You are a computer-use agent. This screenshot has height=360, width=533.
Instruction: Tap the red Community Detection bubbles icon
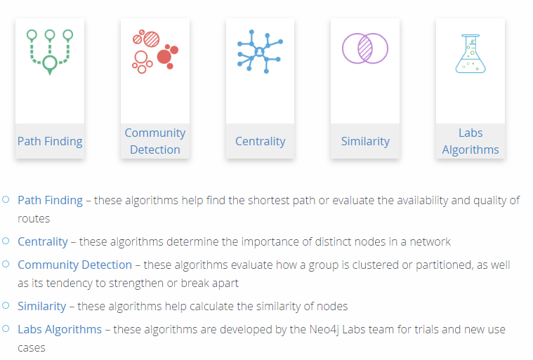pos(155,51)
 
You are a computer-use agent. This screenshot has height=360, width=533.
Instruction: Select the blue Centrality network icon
pos(260,52)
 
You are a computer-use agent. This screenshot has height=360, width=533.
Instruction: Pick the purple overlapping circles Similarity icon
pos(365,48)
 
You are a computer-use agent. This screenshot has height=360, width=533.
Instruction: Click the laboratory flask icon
pos(471,53)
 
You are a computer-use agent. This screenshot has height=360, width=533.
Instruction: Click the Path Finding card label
pos(50,141)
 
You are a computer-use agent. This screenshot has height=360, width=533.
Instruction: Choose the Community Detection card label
pos(155,141)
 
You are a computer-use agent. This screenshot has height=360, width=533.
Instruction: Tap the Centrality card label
pos(260,141)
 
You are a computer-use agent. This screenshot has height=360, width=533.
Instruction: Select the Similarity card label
pos(365,141)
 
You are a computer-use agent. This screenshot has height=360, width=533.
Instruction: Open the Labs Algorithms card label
pos(471,141)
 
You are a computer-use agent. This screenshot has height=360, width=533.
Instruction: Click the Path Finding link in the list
pos(50,201)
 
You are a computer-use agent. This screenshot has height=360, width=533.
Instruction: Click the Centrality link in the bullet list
pos(43,242)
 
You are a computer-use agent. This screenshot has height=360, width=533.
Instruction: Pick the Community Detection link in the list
pos(74,265)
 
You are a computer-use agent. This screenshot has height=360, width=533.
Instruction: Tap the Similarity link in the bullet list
pos(42,307)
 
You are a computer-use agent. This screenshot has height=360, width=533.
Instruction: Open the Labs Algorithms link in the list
pos(60,329)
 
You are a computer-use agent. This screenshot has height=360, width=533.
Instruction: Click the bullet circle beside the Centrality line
pos(6,241)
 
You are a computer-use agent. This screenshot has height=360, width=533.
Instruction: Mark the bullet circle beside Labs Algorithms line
pos(6,328)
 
